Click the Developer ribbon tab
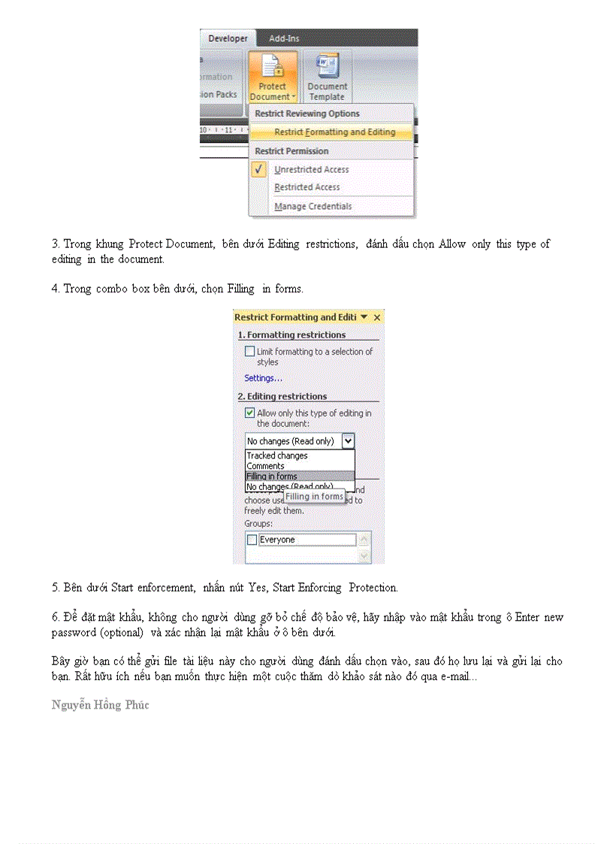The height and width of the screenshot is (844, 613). pyautogui.click(x=228, y=38)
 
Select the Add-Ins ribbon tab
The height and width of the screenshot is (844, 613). pyautogui.click(x=285, y=38)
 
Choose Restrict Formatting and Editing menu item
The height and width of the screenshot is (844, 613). pyautogui.click(x=334, y=132)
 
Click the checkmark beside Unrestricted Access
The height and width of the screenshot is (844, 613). pyautogui.click(x=260, y=169)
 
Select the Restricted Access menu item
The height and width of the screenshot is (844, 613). pyautogui.click(x=306, y=187)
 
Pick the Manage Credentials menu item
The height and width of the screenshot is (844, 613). pyautogui.click(x=313, y=206)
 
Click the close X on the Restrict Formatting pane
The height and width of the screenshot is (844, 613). pyautogui.click(x=377, y=318)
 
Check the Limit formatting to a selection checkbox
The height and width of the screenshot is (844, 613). pyautogui.click(x=249, y=351)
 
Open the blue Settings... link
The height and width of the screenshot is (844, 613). pyautogui.click(x=263, y=378)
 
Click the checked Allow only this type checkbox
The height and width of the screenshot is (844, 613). pyautogui.click(x=249, y=413)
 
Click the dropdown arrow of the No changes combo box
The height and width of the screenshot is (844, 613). pyautogui.click(x=348, y=441)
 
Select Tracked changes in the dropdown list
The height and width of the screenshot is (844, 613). pyautogui.click(x=277, y=455)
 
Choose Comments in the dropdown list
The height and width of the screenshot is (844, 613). pyautogui.click(x=265, y=466)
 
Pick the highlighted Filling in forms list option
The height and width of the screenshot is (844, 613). pyautogui.click(x=272, y=476)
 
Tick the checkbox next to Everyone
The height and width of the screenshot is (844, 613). pyautogui.click(x=252, y=540)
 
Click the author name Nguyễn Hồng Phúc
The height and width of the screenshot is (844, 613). pyautogui.click(x=100, y=705)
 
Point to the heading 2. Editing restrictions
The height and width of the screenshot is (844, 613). pyautogui.click(x=282, y=396)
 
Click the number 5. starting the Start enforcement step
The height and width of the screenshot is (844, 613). pyautogui.click(x=55, y=588)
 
